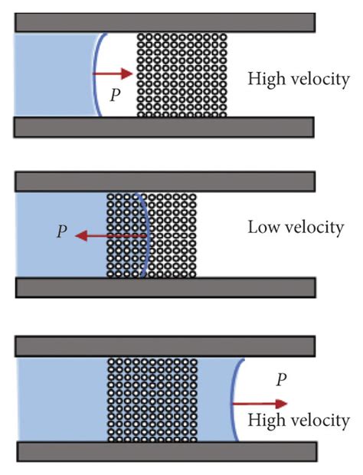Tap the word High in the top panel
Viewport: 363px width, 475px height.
[x=265, y=78]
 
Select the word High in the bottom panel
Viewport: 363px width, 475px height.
[x=264, y=421]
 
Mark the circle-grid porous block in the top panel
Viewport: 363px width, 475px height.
[x=181, y=74]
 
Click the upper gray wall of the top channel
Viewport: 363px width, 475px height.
[x=164, y=22]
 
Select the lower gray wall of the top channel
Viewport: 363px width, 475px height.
[x=164, y=126]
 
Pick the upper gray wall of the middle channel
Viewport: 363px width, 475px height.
[x=165, y=181]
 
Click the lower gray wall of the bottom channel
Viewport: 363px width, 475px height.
[x=165, y=452]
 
